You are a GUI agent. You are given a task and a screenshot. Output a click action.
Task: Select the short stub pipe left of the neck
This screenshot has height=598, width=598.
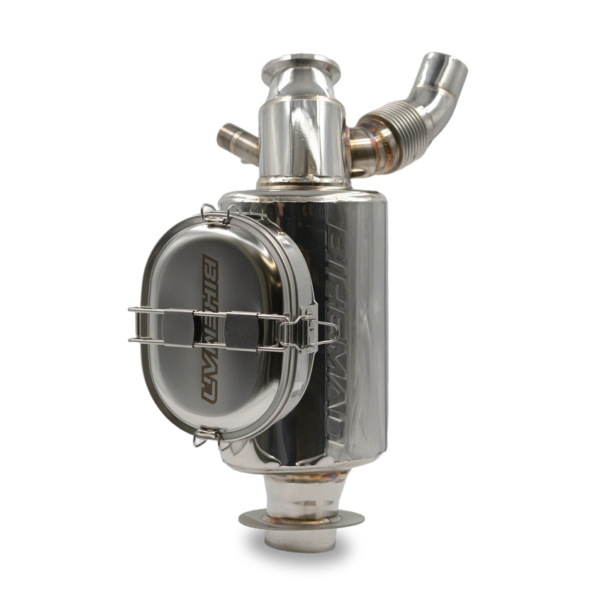[234, 137]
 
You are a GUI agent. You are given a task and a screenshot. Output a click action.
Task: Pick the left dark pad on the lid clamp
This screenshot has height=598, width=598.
[174, 325]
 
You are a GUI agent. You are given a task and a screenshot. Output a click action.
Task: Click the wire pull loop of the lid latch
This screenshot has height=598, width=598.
[318, 332]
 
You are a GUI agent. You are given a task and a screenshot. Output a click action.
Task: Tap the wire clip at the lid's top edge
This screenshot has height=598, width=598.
[217, 214]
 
